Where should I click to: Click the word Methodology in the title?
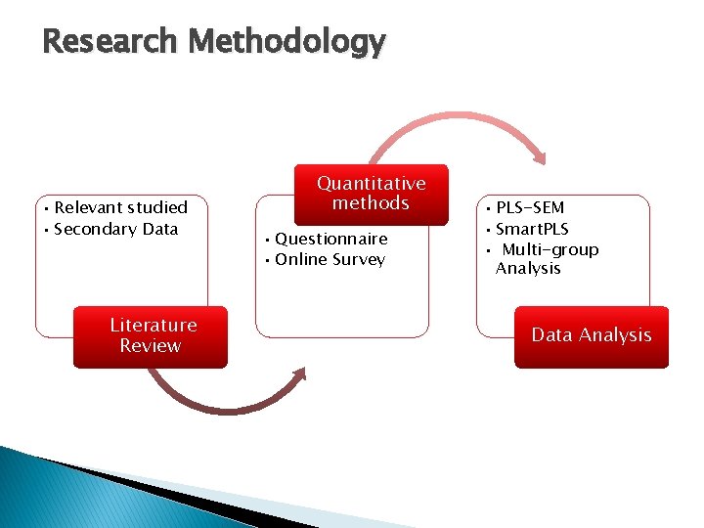coord(287,42)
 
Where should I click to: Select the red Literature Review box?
coord(151,336)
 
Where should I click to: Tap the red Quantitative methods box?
coord(371,194)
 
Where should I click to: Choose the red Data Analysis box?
coord(592,336)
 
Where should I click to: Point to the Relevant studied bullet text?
coord(120,207)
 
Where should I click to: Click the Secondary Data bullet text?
coord(115,229)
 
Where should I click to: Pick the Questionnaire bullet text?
coord(330,239)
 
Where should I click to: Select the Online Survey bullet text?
coord(330,259)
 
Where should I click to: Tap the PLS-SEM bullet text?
coord(529,207)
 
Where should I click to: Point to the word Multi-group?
coord(550,249)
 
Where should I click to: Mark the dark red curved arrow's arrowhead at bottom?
coord(299,375)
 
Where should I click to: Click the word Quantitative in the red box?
coord(371,183)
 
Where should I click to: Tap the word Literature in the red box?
coord(153,325)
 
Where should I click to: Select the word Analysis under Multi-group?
coord(528,268)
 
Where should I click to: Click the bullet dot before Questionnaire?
coord(266,240)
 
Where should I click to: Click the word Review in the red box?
coord(151,345)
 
